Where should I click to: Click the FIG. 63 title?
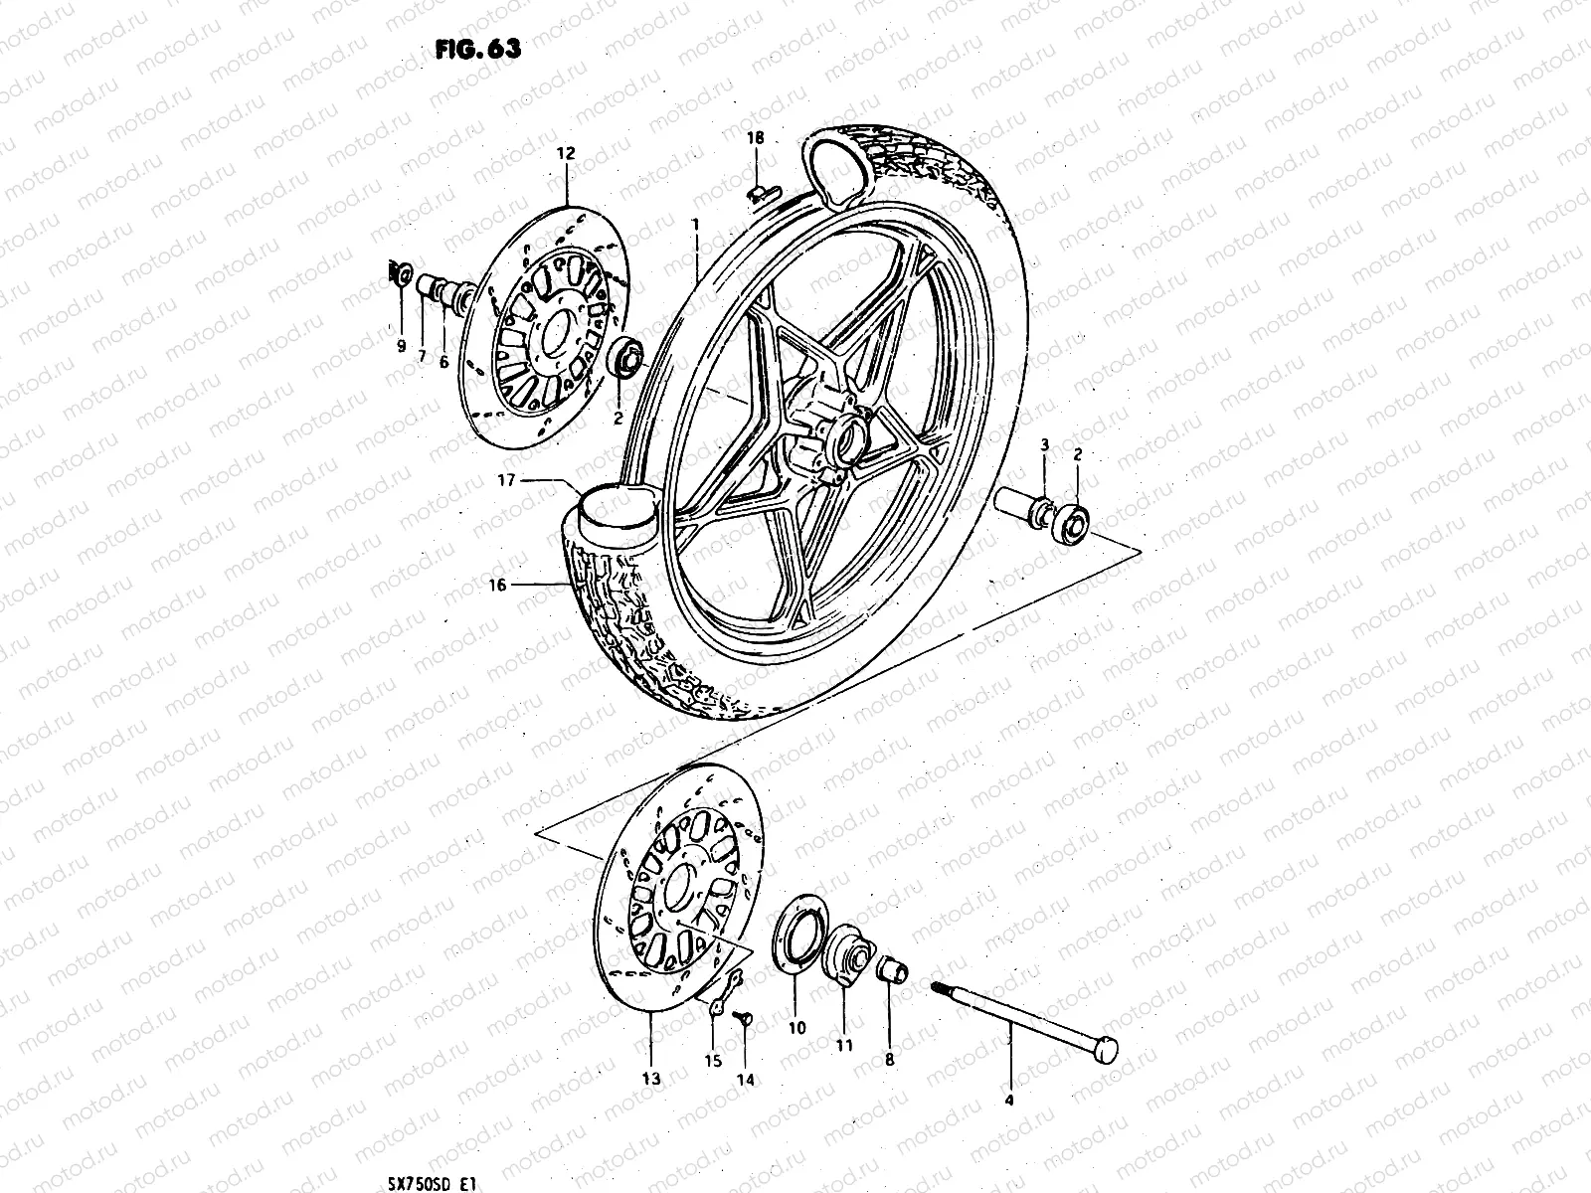(x=477, y=50)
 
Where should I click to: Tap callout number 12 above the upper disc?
(x=565, y=153)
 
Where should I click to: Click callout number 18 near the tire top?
(x=756, y=138)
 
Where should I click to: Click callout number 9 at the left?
(x=402, y=346)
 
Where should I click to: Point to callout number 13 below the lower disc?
(x=650, y=1079)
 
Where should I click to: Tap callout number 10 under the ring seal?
(x=796, y=1029)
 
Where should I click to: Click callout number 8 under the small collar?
(x=889, y=1060)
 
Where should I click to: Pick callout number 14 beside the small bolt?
(x=745, y=1079)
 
